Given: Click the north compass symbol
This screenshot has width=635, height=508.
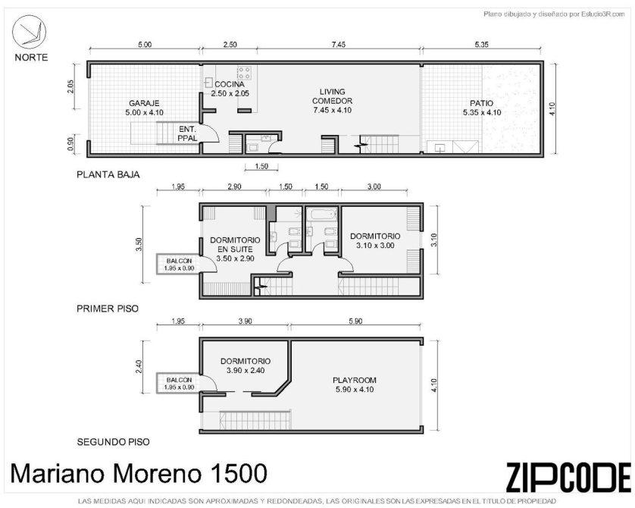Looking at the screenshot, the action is coord(29,32).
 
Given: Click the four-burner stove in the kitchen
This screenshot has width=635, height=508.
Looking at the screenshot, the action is coord(244,73).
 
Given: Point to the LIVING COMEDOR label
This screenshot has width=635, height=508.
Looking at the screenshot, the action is coord(332,101).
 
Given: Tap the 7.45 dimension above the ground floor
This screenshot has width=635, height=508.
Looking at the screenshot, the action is coord(339,45).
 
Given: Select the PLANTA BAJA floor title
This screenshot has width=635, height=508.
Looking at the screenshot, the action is coord(108,174).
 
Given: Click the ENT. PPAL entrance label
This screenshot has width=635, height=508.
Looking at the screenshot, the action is coord(187,133).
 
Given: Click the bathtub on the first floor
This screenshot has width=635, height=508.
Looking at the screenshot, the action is coord(321,214).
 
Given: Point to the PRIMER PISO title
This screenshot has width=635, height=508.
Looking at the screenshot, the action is coord(108,309).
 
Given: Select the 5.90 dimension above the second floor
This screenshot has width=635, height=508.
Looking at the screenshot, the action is coord(355,321).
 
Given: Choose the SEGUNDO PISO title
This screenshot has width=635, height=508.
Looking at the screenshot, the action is coord(113,442).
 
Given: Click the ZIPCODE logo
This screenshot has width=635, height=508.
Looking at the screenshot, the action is coord(568,477).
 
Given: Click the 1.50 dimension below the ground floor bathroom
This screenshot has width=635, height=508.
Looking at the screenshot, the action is coord(261,166).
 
